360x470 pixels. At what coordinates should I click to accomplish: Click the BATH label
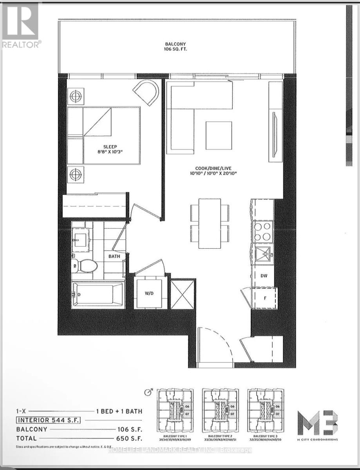114,256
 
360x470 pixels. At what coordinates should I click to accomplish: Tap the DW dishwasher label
264,275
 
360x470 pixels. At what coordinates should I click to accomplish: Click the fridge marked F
265,298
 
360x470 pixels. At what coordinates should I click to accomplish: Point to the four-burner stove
262,231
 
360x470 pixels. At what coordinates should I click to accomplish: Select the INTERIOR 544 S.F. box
48,420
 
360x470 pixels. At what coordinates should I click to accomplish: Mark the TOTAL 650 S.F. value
128,438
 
